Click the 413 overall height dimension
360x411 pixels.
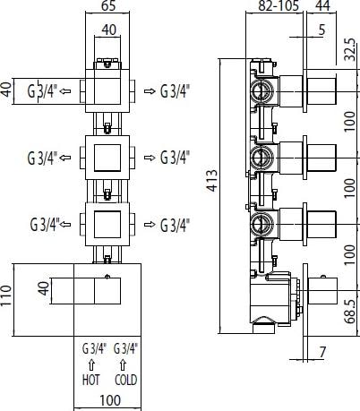click(212, 181)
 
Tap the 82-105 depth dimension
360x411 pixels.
click(279, 5)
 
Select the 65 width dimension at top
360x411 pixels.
click(108, 6)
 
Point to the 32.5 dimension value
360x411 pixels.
click(350, 49)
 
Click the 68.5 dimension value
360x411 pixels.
click(350, 312)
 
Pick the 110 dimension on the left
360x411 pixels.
click(6, 295)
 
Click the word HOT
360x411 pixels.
click(91, 380)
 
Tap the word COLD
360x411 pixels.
click(125, 380)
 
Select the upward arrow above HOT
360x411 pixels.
click(91, 364)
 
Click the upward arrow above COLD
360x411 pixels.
click(123, 364)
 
